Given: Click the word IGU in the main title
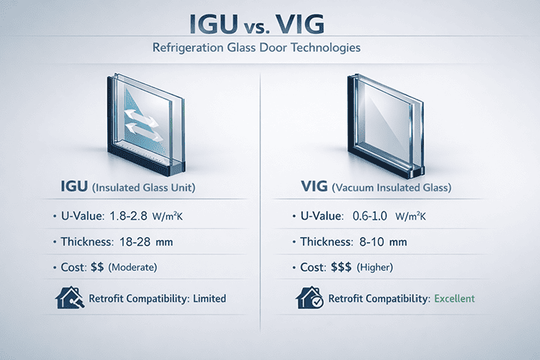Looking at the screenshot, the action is click(x=214, y=24).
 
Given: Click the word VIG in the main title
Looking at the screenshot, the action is click(x=300, y=24).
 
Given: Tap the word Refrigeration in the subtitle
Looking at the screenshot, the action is click(x=188, y=47).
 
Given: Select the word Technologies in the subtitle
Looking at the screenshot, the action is click(x=325, y=47).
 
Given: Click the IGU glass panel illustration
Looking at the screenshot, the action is click(x=146, y=124).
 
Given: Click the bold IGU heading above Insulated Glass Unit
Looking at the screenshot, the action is click(x=74, y=186).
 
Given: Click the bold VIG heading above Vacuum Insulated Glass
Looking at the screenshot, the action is click(x=314, y=186).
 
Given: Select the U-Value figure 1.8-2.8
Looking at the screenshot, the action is click(x=128, y=216).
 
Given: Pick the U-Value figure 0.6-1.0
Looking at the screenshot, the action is click(x=370, y=216).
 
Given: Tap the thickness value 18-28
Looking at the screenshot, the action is click(x=135, y=241).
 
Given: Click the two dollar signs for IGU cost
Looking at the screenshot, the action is click(x=97, y=267).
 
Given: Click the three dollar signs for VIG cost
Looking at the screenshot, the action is click(x=341, y=267).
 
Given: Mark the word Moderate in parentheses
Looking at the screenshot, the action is click(x=133, y=267).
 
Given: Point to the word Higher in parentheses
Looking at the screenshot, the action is click(x=375, y=267).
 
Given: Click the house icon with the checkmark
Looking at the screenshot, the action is click(x=310, y=298).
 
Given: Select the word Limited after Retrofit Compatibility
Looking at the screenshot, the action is click(x=209, y=298).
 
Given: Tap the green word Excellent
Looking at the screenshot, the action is click(x=454, y=298).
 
